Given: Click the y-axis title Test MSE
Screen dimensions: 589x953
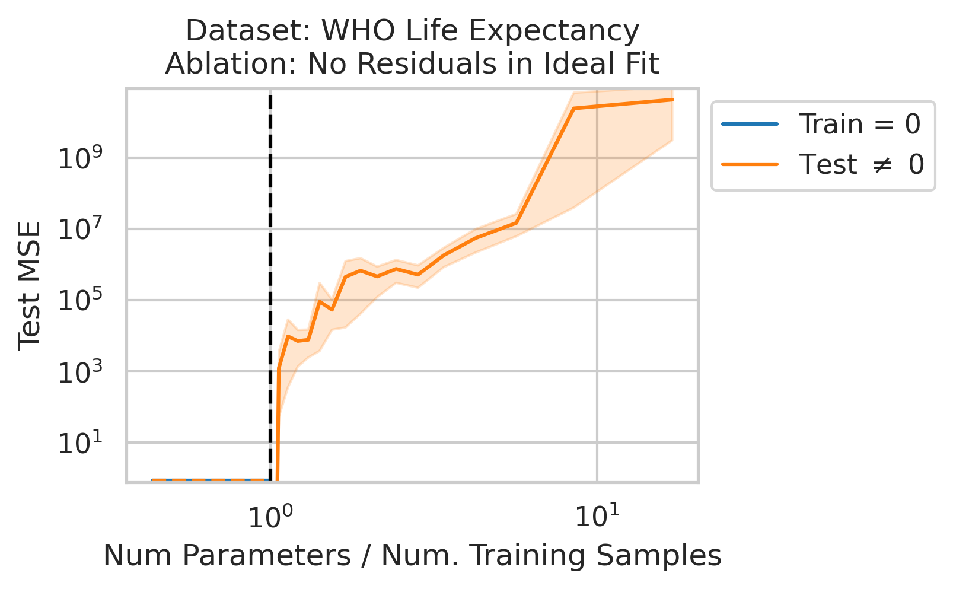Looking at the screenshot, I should pyautogui.click(x=30, y=286).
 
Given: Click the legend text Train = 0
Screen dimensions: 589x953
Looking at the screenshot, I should pyautogui.click(x=859, y=125).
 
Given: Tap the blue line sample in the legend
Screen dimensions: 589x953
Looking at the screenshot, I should pyautogui.click(x=750, y=125).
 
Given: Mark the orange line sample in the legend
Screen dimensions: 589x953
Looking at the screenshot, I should pyautogui.click(x=750, y=164).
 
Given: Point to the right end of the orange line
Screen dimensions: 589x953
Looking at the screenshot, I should pyautogui.click(x=672, y=100).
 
